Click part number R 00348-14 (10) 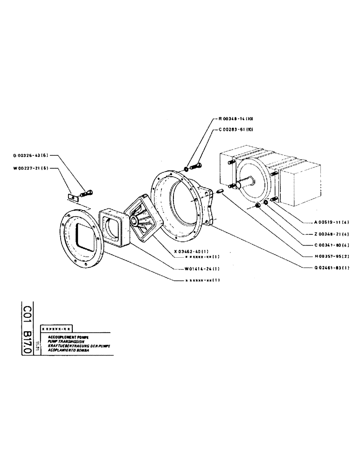click(x=235, y=119)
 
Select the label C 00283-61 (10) click(x=235, y=130)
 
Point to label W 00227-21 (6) click(x=31, y=169)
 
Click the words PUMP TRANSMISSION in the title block click(x=59, y=341)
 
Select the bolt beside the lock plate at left click(x=86, y=192)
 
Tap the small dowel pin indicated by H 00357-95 click(x=221, y=191)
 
